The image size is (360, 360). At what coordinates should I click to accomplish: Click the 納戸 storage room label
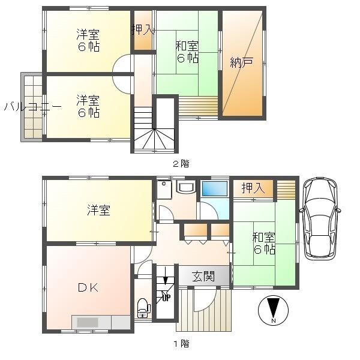click(x=242, y=62)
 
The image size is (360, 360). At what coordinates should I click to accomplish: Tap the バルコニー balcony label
click(x=33, y=107)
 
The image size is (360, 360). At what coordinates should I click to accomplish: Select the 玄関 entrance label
click(x=203, y=276)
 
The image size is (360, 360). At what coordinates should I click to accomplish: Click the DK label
click(x=88, y=287)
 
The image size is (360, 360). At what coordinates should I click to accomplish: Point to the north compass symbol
click(x=273, y=310)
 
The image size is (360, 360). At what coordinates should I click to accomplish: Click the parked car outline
click(x=320, y=218)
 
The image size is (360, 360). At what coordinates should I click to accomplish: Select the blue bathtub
click(x=214, y=189)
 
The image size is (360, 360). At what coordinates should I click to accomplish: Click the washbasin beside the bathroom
click(x=186, y=186)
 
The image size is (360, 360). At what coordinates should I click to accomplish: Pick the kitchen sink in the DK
click(x=88, y=322)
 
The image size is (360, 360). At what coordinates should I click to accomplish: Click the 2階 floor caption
click(x=181, y=164)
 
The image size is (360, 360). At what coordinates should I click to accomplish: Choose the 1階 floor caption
click(x=181, y=344)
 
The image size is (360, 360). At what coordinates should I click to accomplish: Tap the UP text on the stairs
click(x=166, y=298)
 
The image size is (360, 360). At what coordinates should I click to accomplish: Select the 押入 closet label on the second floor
click(x=143, y=30)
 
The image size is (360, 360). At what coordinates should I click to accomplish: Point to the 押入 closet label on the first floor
click(x=253, y=188)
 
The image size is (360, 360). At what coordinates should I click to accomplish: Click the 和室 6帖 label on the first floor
click(x=264, y=244)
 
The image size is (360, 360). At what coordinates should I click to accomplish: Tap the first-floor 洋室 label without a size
click(x=99, y=210)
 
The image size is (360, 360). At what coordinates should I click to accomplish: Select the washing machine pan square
click(x=164, y=190)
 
